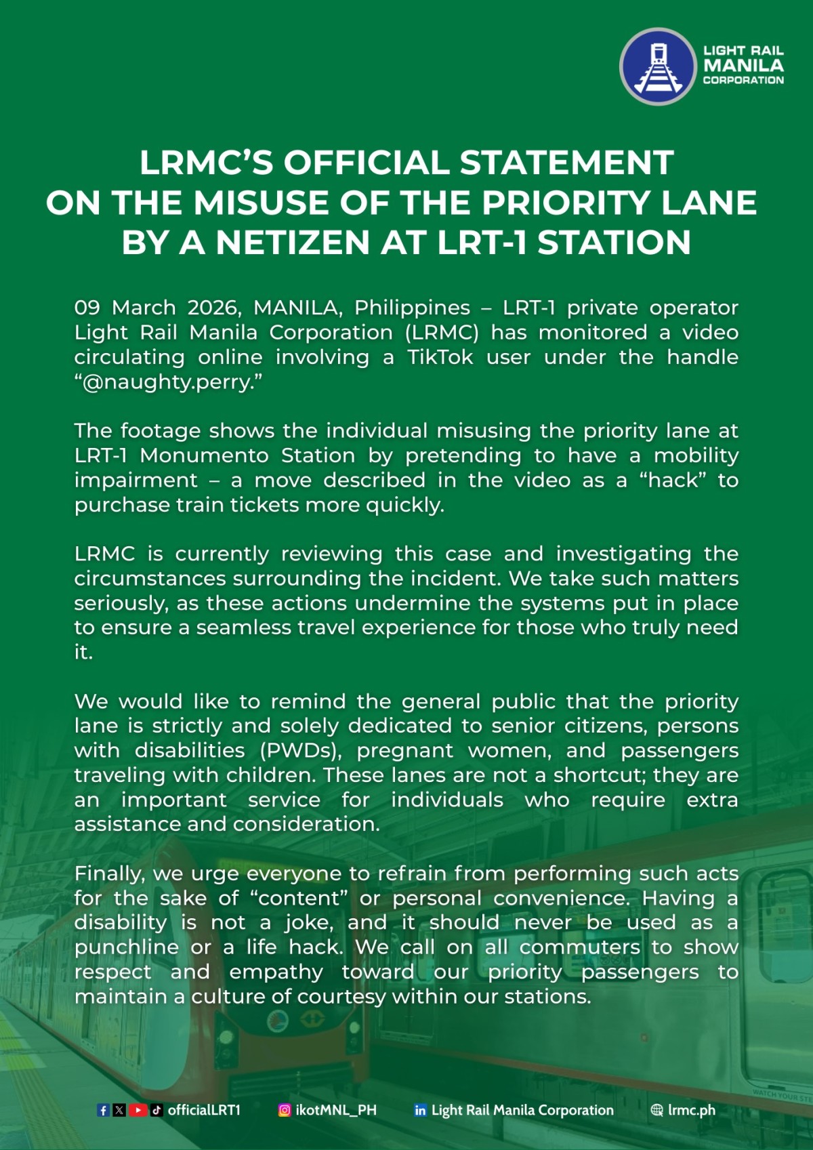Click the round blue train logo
(657, 66)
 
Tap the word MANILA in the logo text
(743, 66)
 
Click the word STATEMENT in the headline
(566, 163)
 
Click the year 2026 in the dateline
(213, 308)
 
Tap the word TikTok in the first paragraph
(440, 357)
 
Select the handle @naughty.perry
(167, 382)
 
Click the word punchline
(126, 947)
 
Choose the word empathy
(276, 972)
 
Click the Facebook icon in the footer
(103, 1110)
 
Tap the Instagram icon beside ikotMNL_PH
(285, 1110)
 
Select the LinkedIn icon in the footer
(421, 1110)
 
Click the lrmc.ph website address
(691, 1110)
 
